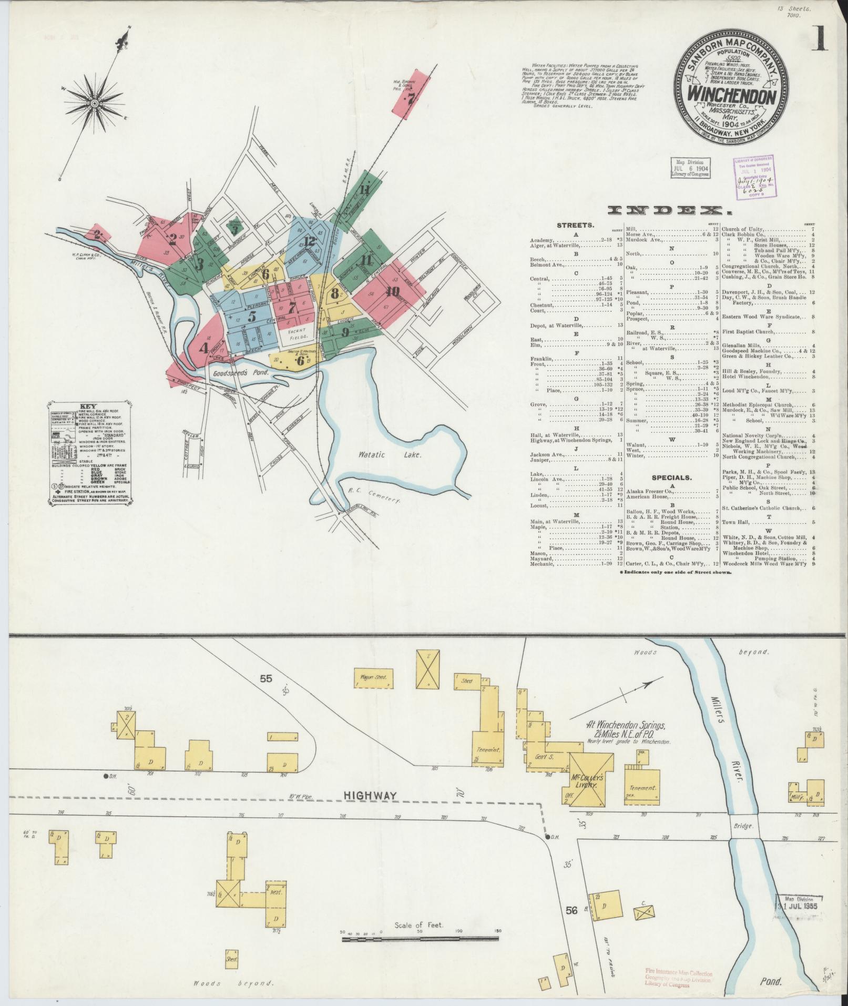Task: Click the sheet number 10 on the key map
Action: [x=392, y=292]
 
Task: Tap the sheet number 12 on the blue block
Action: [x=309, y=242]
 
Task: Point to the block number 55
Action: [x=265, y=678]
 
